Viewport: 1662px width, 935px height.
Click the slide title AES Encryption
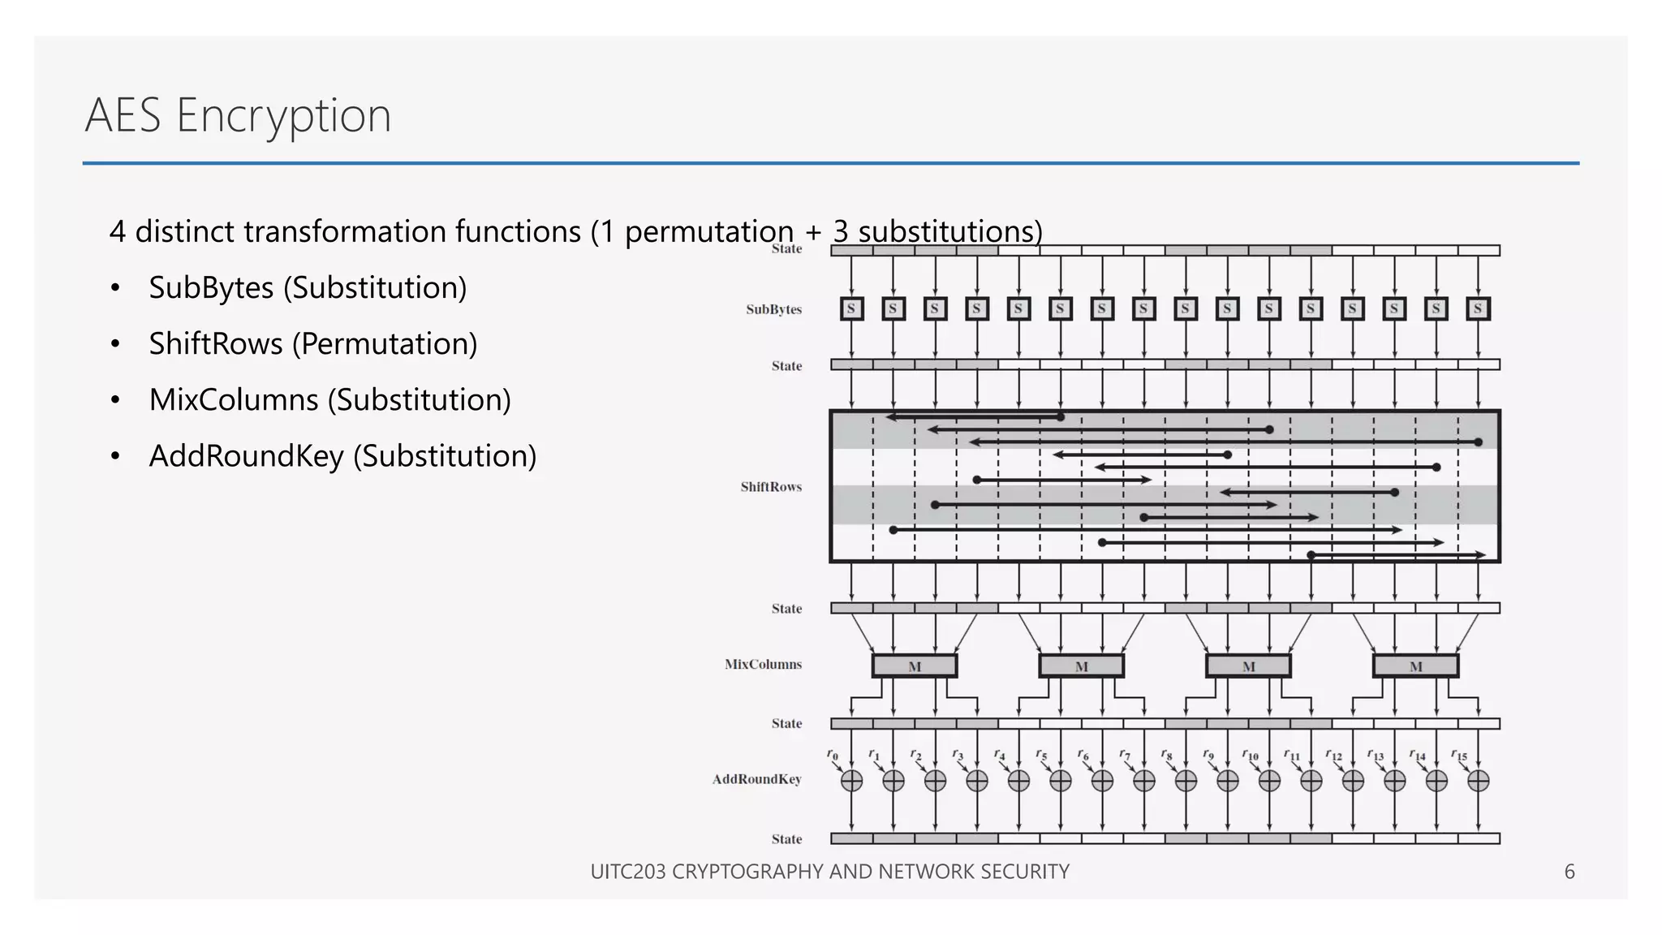(238, 115)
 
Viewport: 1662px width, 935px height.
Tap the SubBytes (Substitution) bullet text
(308, 288)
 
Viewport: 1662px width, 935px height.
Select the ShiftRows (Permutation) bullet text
(312, 344)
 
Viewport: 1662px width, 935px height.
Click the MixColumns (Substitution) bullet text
(329, 400)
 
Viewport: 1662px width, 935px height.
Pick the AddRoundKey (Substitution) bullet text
(342, 456)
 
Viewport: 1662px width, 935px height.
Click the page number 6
(1569, 872)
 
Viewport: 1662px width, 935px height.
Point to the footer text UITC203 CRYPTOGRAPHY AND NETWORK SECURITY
(829, 872)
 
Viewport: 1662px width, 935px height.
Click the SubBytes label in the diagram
(773, 309)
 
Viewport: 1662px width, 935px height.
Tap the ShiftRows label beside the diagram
(770, 487)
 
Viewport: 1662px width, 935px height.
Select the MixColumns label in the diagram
(763, 664)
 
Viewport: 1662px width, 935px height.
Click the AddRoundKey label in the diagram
(756, 779)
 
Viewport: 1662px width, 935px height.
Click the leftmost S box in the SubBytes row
(851, 308)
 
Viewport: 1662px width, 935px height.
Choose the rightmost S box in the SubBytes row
(1478, 308)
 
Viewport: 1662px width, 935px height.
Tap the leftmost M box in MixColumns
(915, 666)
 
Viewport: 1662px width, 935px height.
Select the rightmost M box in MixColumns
(1415, 666)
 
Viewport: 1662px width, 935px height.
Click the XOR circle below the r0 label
(851, 781)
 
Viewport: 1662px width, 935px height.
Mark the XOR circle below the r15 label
(1478, 781)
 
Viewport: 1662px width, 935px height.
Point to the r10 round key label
(1250, 756)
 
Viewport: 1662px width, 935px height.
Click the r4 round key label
(999, 756)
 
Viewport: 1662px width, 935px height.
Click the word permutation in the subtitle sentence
(708, 232)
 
